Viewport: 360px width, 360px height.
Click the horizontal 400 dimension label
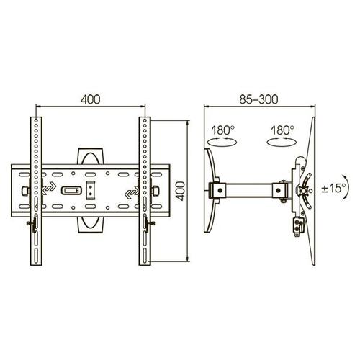[x=91, y=99]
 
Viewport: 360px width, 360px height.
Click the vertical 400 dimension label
[x=180, y=192]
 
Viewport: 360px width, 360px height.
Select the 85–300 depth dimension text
[x=259, y=99]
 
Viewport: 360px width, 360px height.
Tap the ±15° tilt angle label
[x=333, y=188]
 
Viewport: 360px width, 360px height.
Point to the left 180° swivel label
[x=222, y=130]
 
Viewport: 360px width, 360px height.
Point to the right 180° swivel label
[x=282, y=130]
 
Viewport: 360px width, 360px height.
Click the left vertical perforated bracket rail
[x=36, y=191]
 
